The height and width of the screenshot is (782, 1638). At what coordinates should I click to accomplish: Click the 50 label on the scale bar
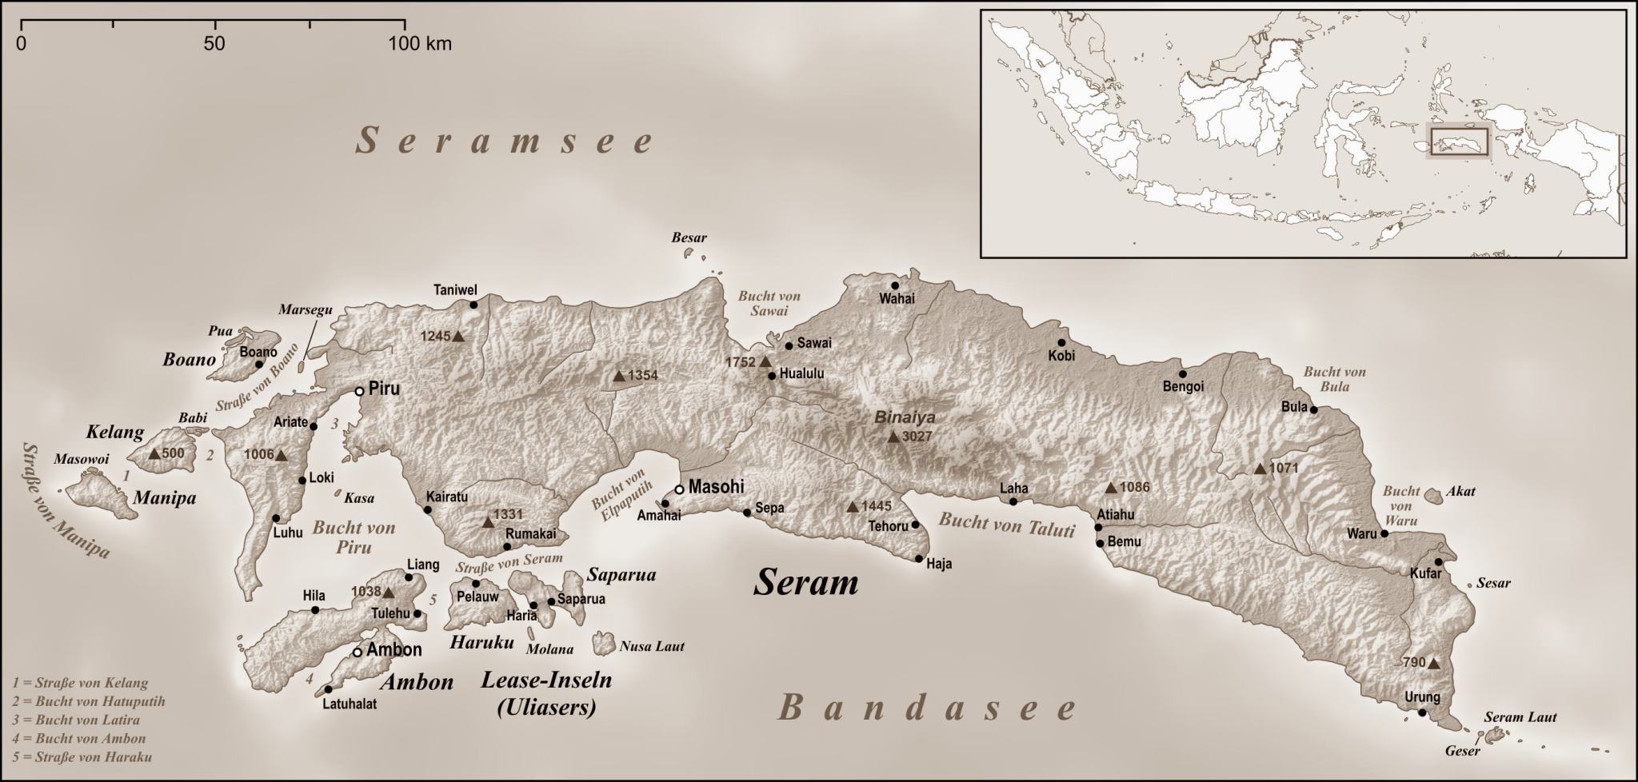(214, 43)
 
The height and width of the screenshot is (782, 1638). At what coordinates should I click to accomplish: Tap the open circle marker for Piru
(360, 391)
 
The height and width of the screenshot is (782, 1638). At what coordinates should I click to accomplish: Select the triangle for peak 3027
(893, 437)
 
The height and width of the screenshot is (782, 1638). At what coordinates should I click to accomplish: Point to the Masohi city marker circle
(679, 489)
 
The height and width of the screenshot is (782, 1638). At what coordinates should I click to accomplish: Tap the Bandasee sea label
(928, 708)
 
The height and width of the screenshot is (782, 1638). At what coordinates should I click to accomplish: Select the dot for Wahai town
(895, 285)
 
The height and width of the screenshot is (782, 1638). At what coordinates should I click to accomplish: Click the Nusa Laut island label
(652, 646)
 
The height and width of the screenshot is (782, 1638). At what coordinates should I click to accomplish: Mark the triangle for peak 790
(1433, 663)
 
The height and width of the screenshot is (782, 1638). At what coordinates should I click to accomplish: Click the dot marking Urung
(1421, 712)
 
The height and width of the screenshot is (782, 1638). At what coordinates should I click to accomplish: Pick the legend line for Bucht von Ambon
(79, 738)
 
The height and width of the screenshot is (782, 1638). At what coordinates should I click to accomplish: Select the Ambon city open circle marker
(358, 652)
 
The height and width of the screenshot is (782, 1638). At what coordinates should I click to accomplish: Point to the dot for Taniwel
(473, 305)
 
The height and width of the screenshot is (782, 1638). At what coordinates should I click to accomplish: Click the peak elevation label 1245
(435, 337)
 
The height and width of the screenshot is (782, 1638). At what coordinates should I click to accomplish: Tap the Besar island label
(689, 238)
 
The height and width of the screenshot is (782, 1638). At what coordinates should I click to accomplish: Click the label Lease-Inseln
(546, 680)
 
